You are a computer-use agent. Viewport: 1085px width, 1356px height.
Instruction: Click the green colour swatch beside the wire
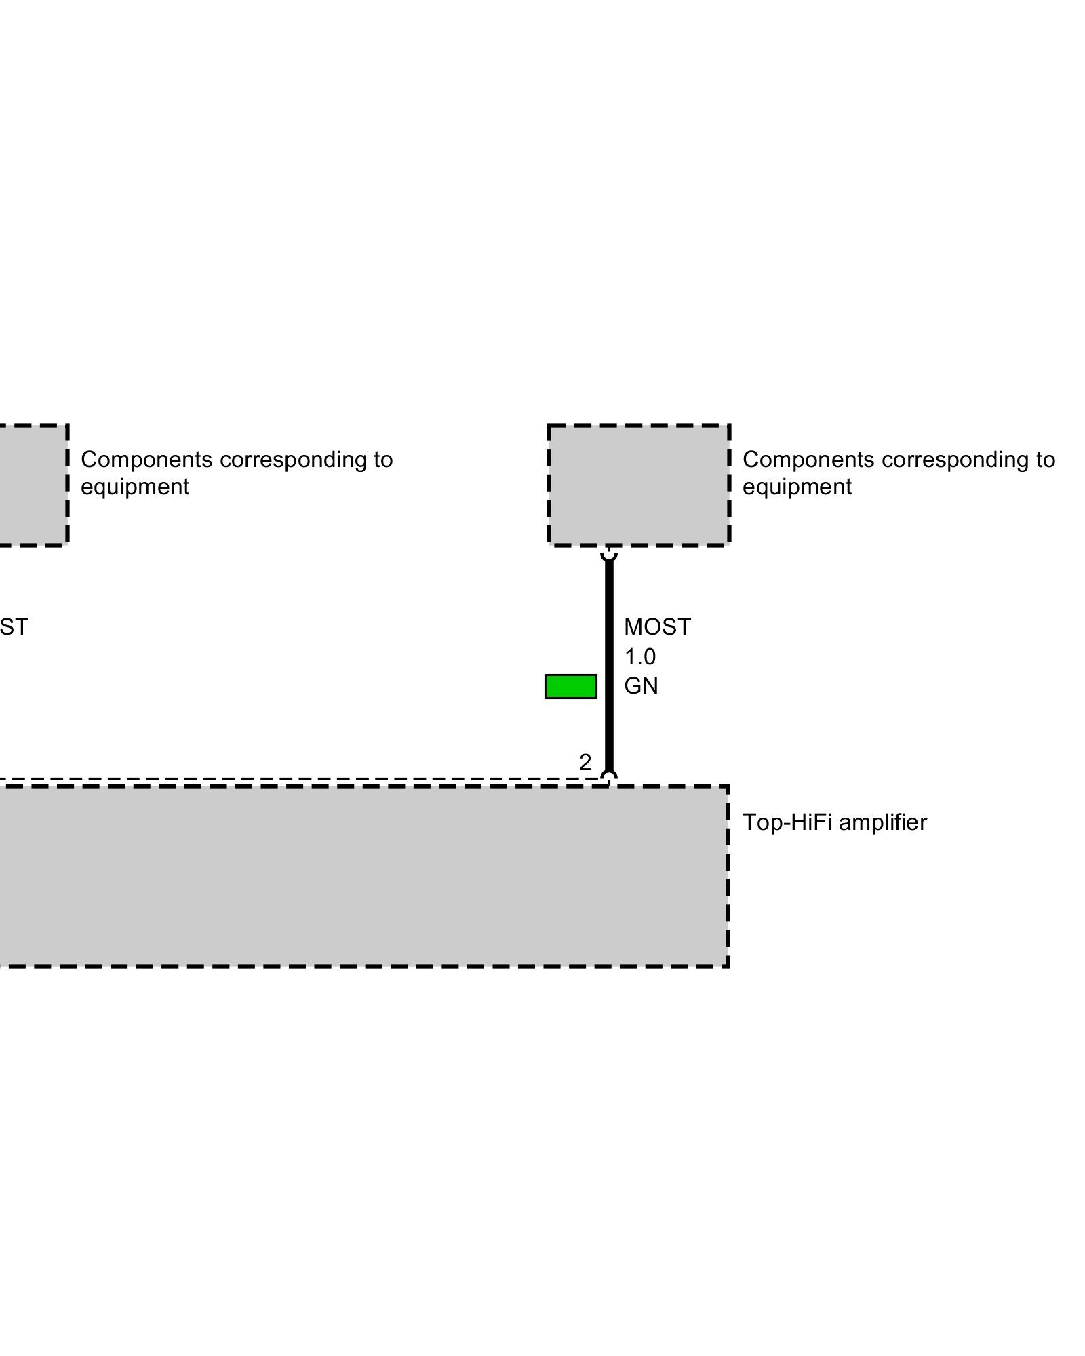coord(570,686)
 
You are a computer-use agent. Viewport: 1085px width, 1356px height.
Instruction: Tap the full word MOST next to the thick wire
coord(656,627)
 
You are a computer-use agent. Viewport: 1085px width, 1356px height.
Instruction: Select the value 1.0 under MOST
coord(639,656)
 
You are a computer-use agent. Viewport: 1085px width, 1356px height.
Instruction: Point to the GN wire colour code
coord(641,686)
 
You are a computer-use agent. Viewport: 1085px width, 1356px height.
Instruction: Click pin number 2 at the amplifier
coord(585,762)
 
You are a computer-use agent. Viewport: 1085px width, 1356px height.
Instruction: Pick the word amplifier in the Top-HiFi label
coord(886,822)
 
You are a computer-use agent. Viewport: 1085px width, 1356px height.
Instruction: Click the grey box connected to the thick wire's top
coord(638,485)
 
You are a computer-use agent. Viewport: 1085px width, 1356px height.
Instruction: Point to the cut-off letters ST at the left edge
coord(14,627)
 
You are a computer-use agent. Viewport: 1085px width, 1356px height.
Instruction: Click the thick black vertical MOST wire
coord(609,664)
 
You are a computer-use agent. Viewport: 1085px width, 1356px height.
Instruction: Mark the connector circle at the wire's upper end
coord(609,554)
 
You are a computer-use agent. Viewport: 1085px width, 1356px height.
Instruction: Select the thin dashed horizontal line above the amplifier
coord(292,778)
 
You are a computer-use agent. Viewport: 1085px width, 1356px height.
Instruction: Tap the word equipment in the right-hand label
coord(797,487)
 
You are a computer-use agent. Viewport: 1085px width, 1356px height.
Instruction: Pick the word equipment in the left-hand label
coord(135,487)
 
